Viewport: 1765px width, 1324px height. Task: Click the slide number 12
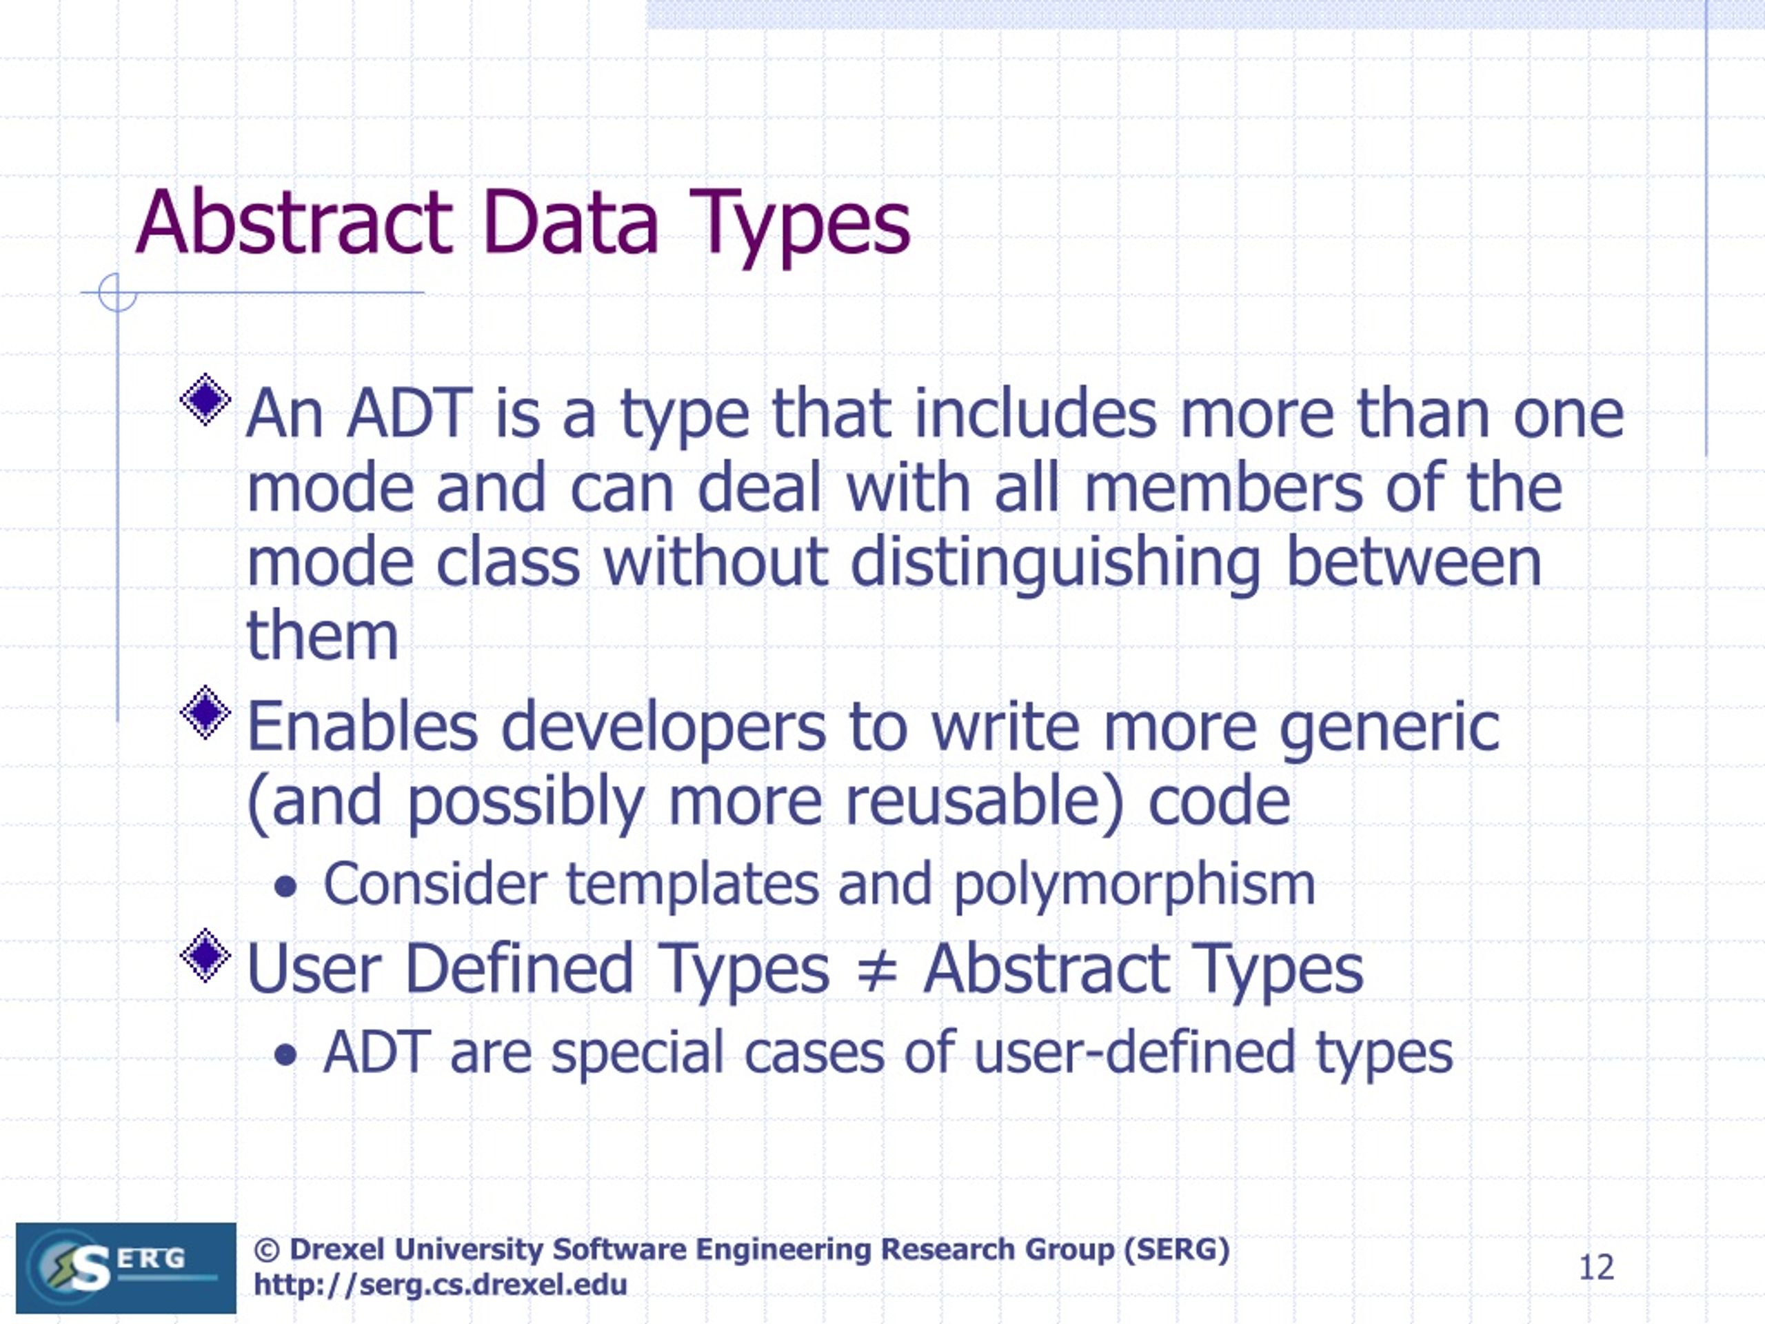[x=1597, y=1267]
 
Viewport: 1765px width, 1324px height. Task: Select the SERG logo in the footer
[x=126, y=1267]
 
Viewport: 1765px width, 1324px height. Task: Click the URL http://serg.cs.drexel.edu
[x=441, y=1285]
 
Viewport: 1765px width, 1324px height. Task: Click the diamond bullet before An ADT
[x=206, y=399]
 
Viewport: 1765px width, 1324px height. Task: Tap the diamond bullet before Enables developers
[x=206, y=711]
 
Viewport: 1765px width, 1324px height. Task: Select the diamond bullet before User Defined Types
[x=206, y=954]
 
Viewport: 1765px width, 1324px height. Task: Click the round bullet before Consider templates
[x=285, y=887]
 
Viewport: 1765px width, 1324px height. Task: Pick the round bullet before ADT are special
[x=285, y=1056]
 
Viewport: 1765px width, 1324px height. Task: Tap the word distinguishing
[x=1055, y=563]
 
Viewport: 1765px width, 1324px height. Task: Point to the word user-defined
[x=1134, y=1053]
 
